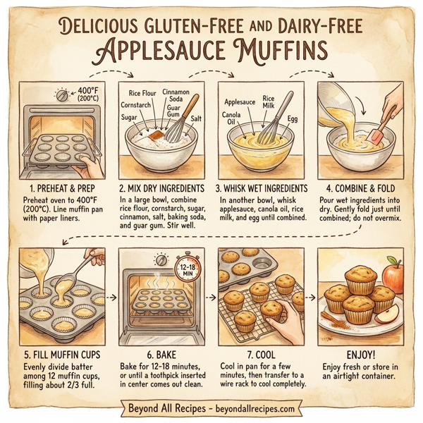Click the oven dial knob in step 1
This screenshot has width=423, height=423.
(x=63, y=94)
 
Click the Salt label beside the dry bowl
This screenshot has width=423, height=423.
(x=197, y=119)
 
